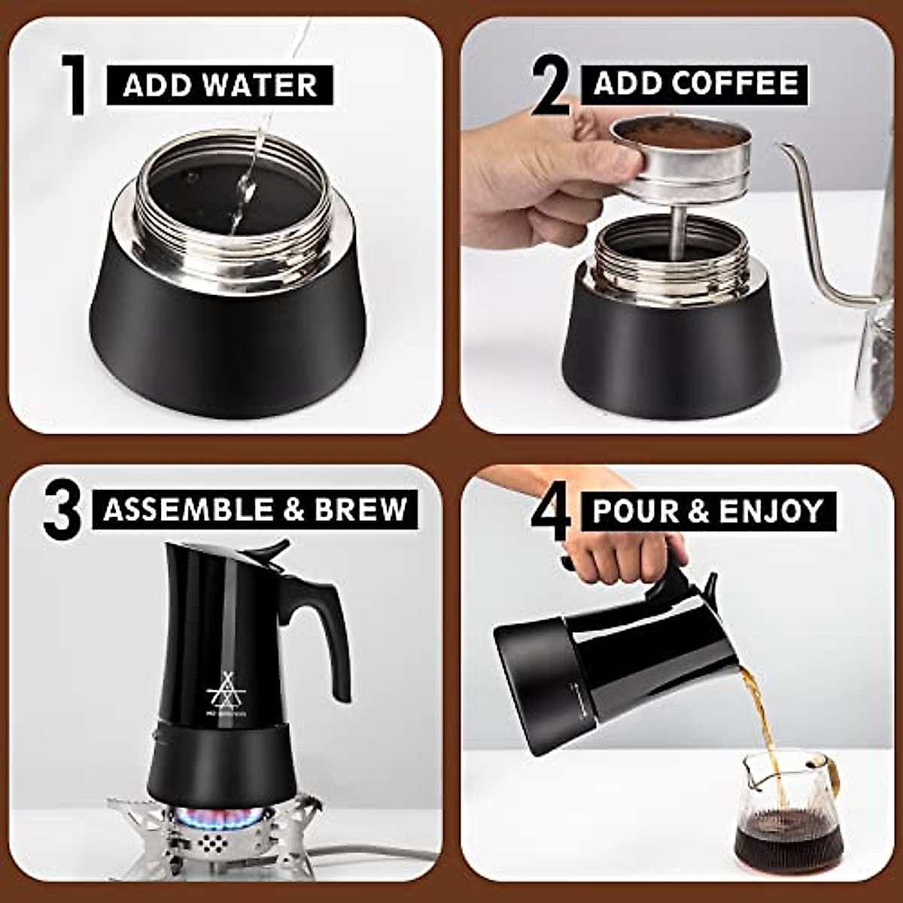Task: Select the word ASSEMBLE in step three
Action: tap(187, 509)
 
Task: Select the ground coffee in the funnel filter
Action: tap(681, 133)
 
